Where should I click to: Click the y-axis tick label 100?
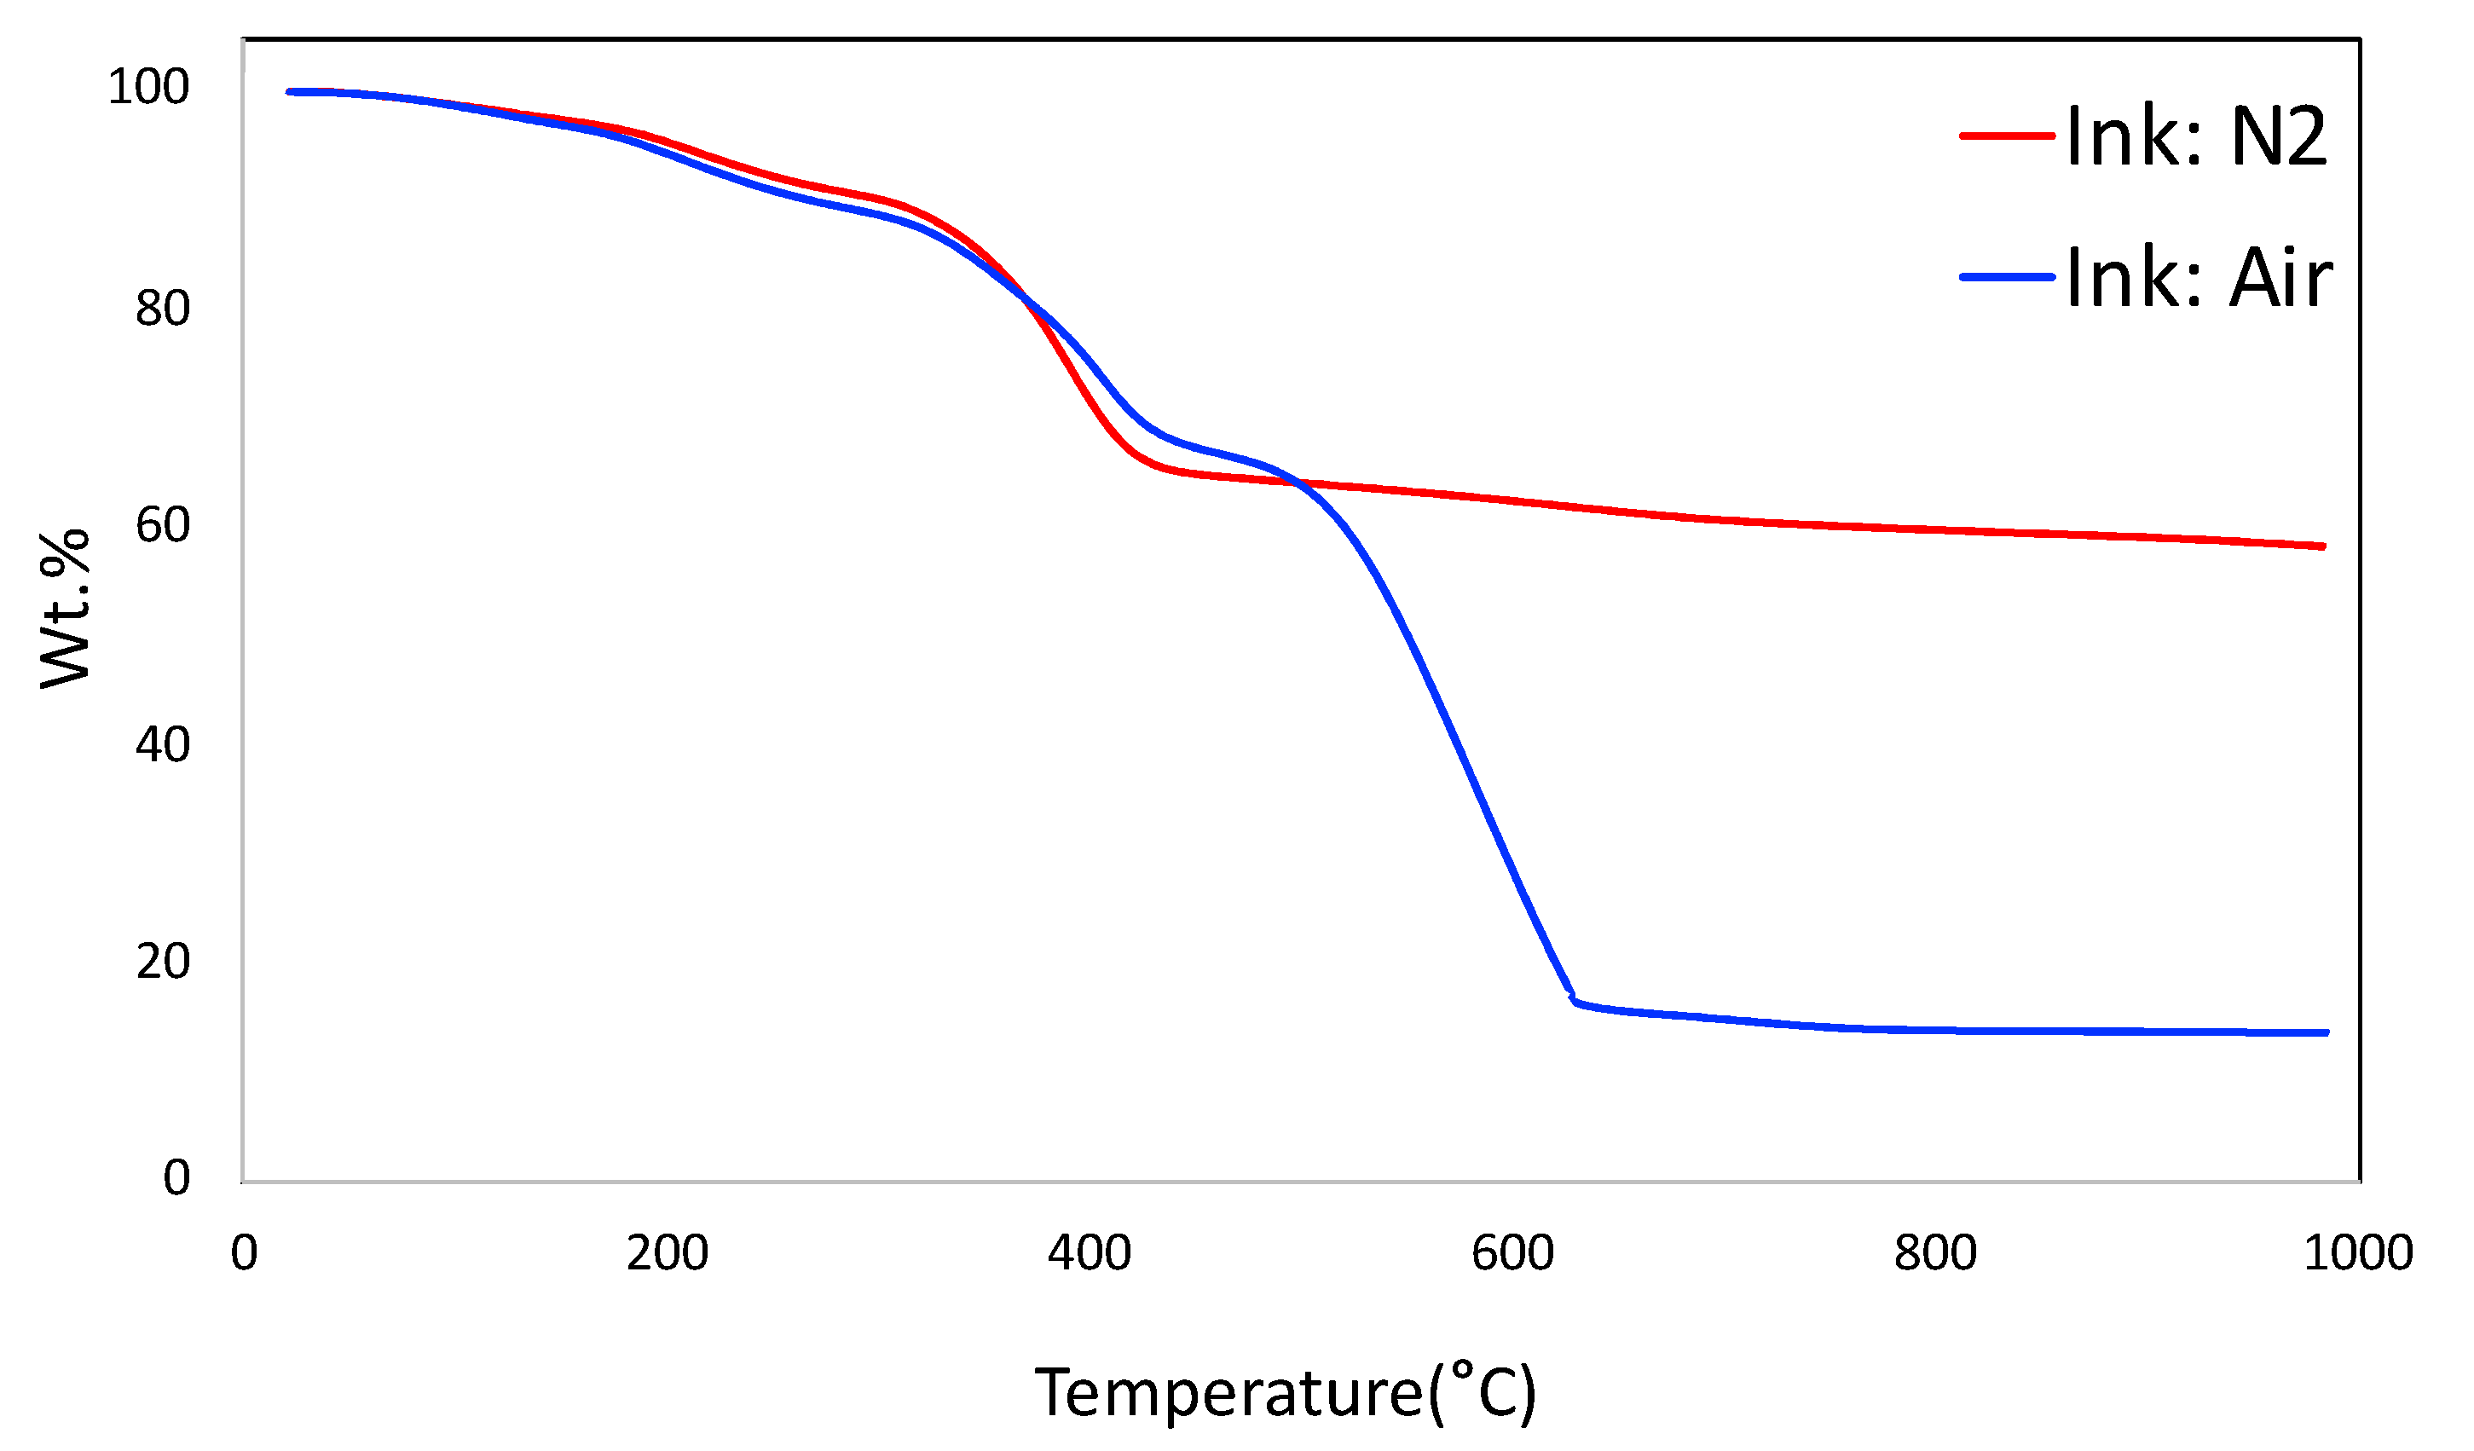(148, 87)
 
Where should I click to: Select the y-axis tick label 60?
(162, 525)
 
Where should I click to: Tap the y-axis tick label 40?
(162, 745)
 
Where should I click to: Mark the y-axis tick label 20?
(162, 963)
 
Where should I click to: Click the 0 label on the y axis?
(176, 1178)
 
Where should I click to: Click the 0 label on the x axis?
(244, 1255)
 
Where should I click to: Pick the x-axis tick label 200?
(668, 1255)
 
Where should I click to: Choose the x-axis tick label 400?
(1090, 1255)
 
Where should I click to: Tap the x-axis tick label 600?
(1513, 1255)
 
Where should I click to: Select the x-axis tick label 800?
(1936, 1255)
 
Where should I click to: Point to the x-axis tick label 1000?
(2358, 1255)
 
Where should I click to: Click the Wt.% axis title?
(65, 609)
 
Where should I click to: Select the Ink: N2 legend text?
(2197, 136)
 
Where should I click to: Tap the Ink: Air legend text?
(2199, 279)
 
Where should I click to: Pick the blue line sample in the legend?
(2008, 278)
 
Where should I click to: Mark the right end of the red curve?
(2323, 546)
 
